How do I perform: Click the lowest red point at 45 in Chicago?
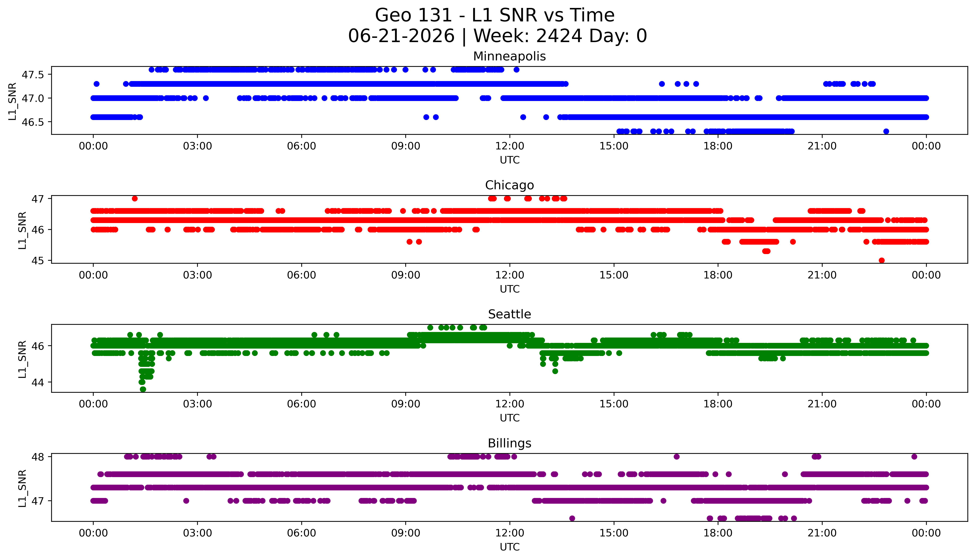(x=882, y=260)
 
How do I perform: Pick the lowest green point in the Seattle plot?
(x=143, y=389)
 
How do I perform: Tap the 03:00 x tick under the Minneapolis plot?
(x=197, y=146)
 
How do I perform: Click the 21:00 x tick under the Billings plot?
(x=822, y=533)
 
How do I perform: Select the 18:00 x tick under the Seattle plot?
(x=718, y=404)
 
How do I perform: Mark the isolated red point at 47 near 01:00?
(x=134, y=198)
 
